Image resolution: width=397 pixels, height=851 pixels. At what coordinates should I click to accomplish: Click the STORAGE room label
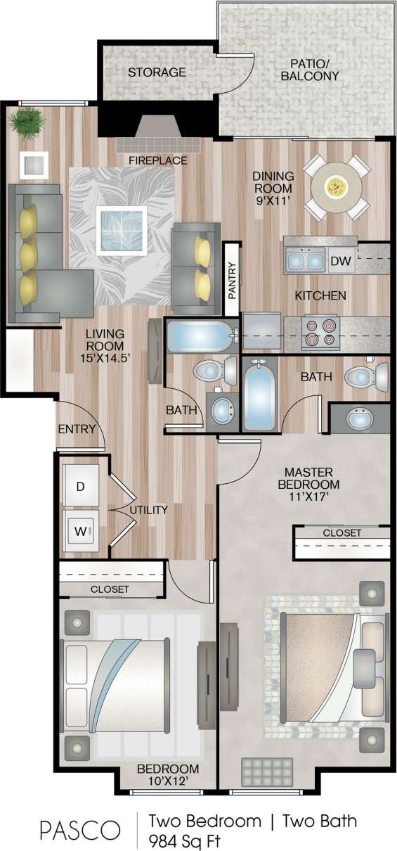pos(157,72)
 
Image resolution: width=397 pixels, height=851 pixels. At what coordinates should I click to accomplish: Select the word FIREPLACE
pos(157,160)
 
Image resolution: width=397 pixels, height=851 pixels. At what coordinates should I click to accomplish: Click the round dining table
pos(337,186)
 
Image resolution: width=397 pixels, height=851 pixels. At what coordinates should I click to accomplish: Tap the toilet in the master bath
pos(365,377)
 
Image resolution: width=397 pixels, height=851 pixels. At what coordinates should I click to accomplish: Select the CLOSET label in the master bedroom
pos(341,533)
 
